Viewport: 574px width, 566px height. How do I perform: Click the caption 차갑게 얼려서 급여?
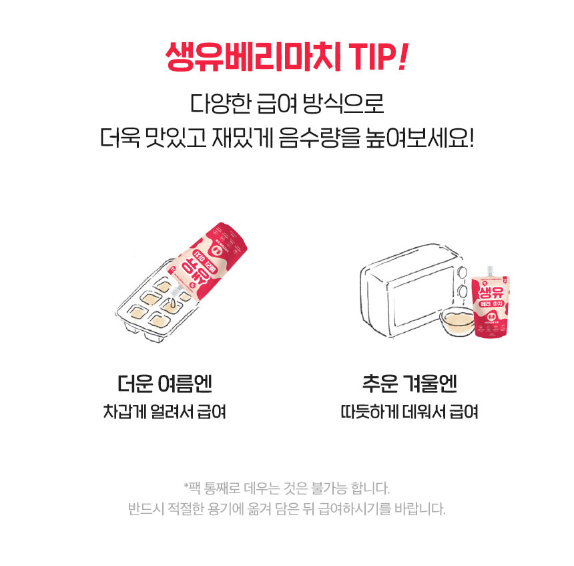[164, 412]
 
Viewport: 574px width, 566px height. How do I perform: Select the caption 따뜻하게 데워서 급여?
[409, 412]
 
